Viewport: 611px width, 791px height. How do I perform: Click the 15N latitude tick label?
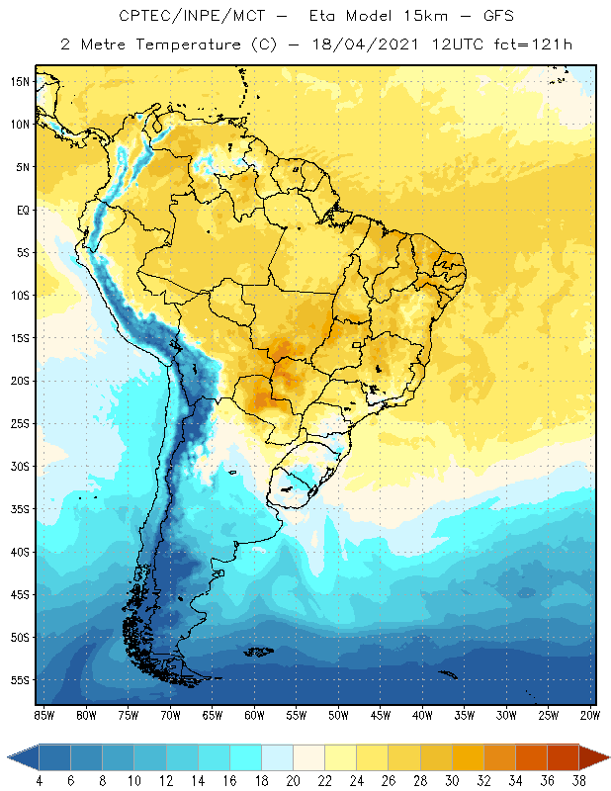(x=20, y=82)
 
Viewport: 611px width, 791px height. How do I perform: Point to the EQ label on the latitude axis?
(x=21, y=211)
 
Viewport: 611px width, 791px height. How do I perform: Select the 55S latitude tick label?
(x=20, y=680)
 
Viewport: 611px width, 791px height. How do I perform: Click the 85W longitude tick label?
(x=44, y=715)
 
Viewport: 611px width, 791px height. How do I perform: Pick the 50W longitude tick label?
(x=338, y=715)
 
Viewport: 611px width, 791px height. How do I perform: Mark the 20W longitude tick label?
(x=590, y=715)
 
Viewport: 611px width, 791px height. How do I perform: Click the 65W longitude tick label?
(x=212, y=715)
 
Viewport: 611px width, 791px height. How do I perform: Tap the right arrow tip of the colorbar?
(x=607, y=757)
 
